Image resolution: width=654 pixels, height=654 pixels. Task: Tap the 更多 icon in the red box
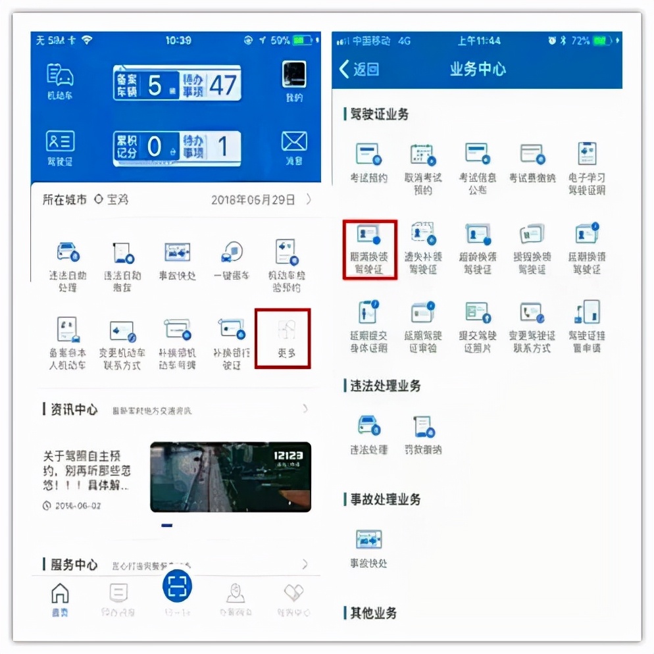click(x=283, y=337)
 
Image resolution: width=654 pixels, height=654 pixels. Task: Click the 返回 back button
click(x=359, y=69)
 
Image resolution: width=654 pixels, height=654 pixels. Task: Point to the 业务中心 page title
click(x=478, y=69)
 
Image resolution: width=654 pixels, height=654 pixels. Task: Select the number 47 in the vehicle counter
click(x=222, y=86)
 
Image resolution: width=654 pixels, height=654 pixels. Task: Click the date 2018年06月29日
click(x=253, y=199)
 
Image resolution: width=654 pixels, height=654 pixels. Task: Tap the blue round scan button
click(x=177, y=585)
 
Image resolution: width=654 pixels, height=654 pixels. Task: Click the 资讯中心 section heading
click(x=74, y=410)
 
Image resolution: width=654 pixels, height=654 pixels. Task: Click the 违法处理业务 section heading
click(x=385, y=386)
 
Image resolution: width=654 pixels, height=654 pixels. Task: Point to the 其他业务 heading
click(x=373, y=613)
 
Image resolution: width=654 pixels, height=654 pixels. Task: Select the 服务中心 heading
click(x=74, y=565)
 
